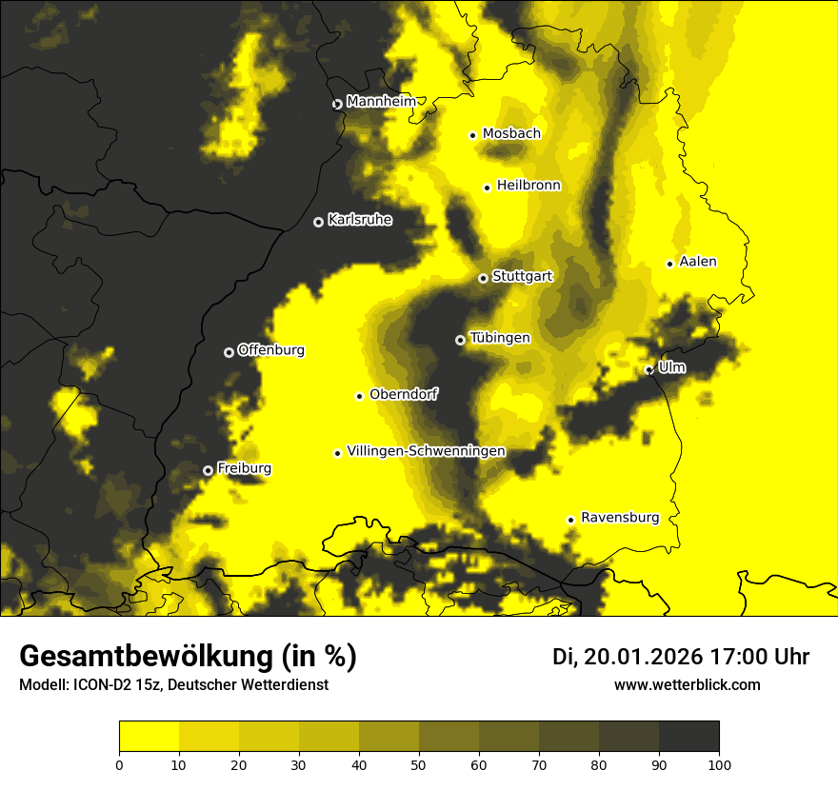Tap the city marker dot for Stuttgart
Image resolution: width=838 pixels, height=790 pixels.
coord(483,278)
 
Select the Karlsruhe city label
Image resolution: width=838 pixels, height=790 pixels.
coord(360,220)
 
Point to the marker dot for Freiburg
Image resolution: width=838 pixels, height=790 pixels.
coord(208,470)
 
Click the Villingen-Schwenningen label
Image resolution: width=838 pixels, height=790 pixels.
coord(426,451)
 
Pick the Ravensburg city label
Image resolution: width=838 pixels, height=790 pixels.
coord(620,518)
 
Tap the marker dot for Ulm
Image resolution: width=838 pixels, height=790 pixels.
coord(648,369)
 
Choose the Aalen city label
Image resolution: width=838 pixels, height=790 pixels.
coord(698,262)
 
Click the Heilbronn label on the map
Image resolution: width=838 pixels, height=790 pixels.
coord(529,186)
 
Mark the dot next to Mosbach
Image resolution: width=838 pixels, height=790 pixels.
coord(472,135)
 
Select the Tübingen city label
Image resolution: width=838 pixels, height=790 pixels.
coord(500,338)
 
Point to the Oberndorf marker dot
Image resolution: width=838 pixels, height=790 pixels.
coord(359,396)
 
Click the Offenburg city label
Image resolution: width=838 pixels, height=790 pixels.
coord(271,350)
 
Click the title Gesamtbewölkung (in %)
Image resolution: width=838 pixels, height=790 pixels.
coord(188,657)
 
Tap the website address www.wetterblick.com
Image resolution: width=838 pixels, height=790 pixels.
coord(687,684)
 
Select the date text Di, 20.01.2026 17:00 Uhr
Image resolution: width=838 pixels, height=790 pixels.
coord(681,657)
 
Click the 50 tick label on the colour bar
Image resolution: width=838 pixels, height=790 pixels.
coord(419,763)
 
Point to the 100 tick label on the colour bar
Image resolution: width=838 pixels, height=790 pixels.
coord(718,763)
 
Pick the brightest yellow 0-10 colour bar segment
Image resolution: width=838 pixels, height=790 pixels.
coord(149,736)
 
